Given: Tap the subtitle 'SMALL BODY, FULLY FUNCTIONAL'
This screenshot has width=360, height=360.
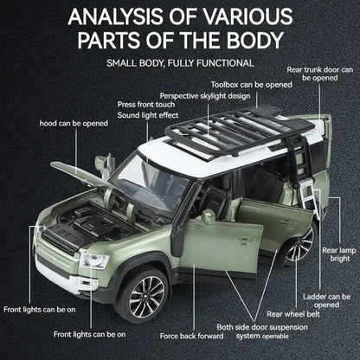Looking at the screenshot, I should tap(179, 63).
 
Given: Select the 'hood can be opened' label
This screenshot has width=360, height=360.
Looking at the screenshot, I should tap(74, 123).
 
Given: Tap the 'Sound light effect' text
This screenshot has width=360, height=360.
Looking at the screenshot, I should tap(148, 114).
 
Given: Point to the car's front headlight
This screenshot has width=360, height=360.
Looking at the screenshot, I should tap(92, 260).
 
